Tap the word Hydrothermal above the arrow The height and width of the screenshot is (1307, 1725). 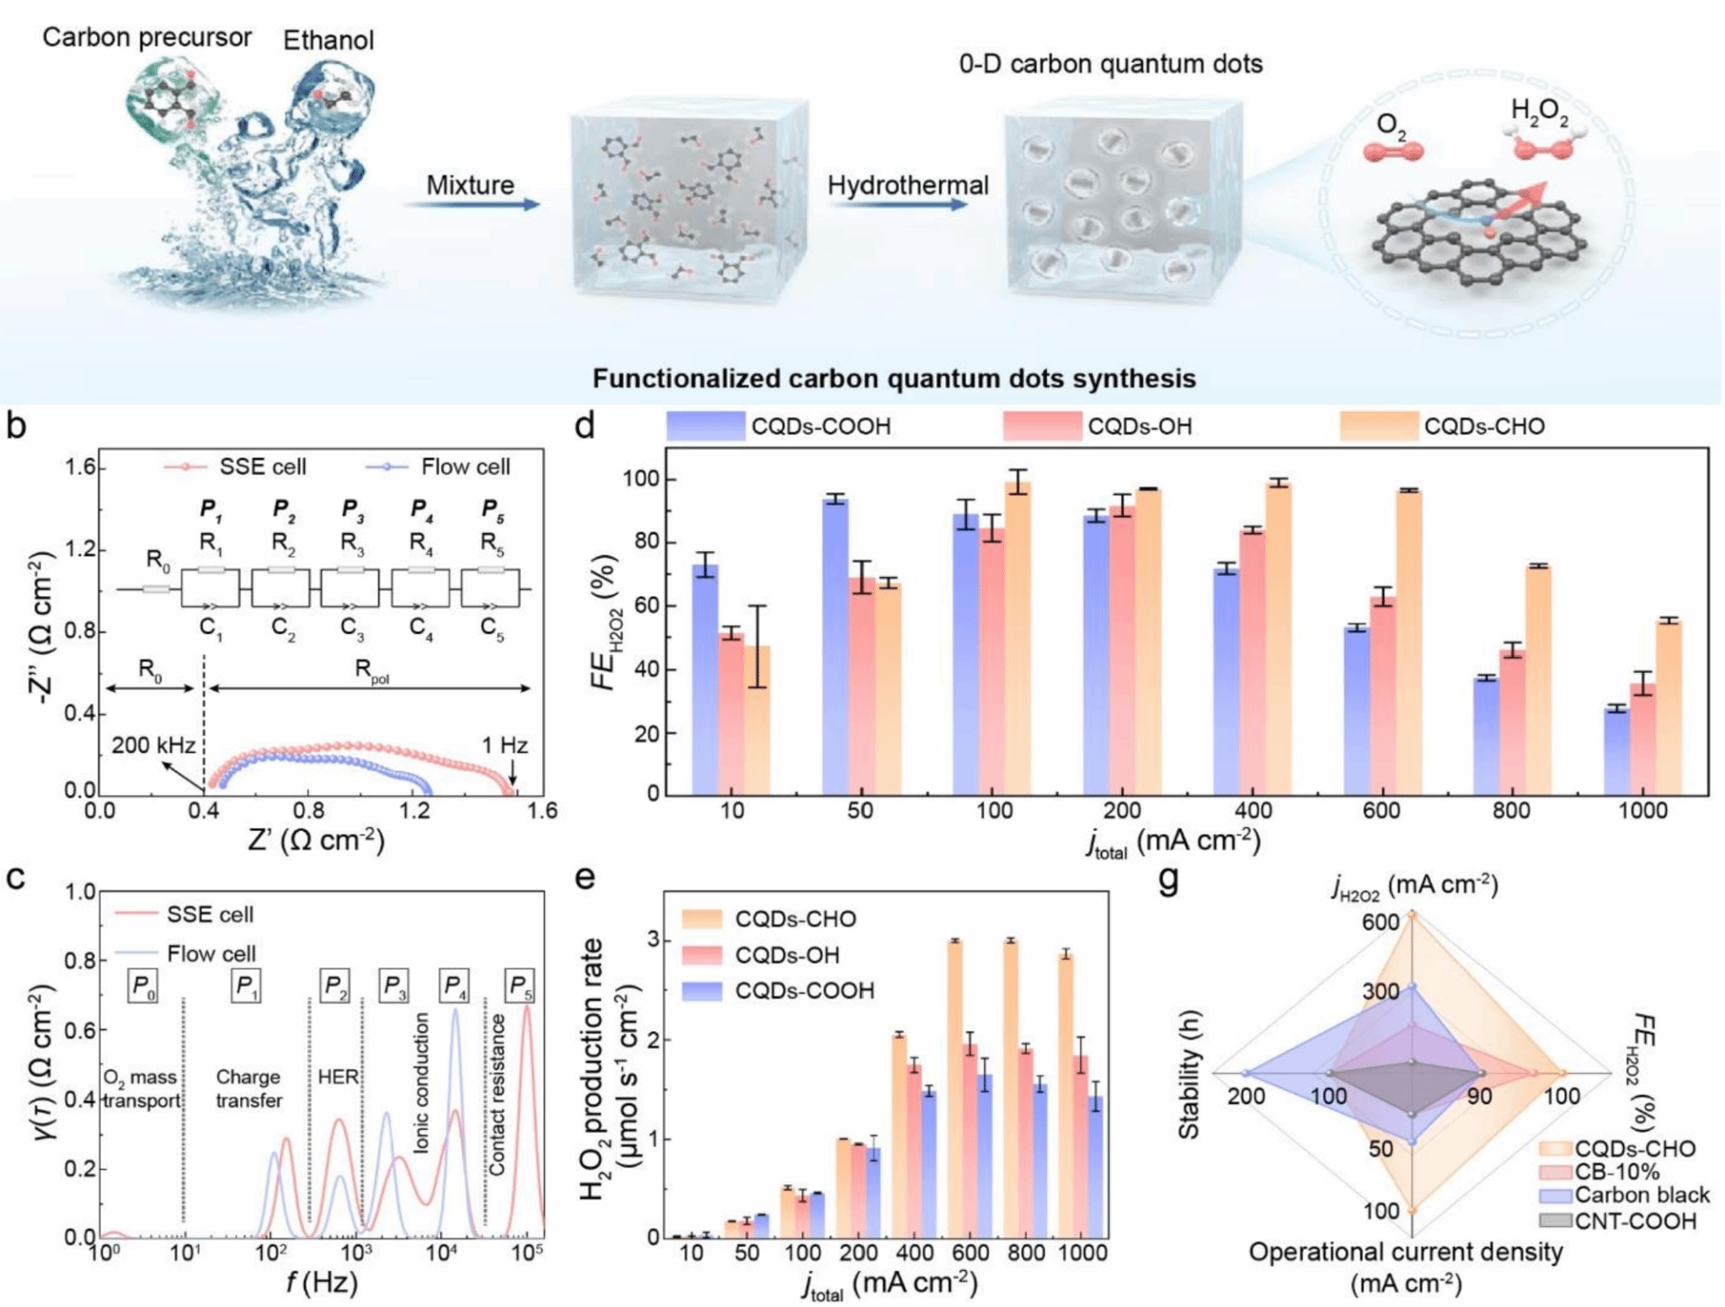coord(907,185)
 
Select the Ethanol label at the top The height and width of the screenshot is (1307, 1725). coord(328,40)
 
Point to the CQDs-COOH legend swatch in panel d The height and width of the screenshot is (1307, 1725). coord(705,426)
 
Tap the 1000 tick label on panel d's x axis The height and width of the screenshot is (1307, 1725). coord(1642,811)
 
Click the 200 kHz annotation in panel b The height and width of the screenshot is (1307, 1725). coord(153,745)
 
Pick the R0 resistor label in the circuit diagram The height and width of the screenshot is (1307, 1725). coord(158,559)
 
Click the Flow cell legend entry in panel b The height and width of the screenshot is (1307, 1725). coord(465,467)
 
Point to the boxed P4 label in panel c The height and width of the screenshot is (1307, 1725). coord(454,984)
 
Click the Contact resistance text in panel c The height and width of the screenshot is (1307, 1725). coord(498,1095)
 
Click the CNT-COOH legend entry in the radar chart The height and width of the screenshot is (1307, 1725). coord(1635,1221)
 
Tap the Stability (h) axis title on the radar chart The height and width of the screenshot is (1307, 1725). coord(1188,1075)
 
